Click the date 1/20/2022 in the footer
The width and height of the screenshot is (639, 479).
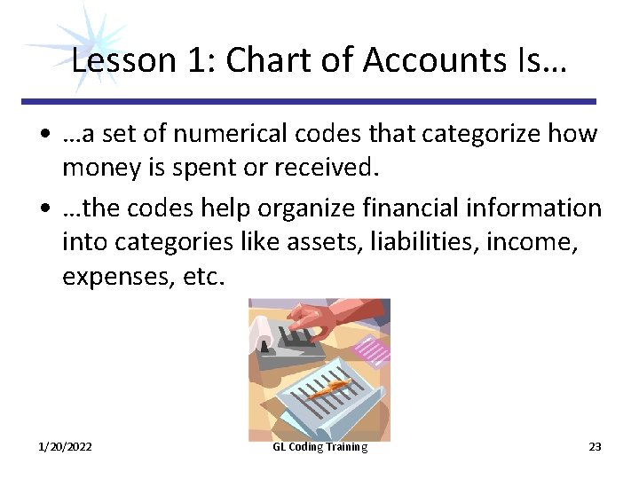65,447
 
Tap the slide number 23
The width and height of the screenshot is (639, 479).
595,447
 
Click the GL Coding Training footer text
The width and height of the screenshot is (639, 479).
319,447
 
